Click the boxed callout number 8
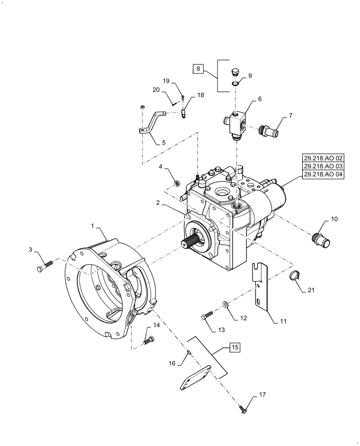199,69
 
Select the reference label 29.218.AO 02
323,157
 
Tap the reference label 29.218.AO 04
323,175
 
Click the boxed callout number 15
235,347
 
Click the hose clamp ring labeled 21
294,276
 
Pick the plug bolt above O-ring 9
235,72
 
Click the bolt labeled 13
207,316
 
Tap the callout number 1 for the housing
93,226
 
